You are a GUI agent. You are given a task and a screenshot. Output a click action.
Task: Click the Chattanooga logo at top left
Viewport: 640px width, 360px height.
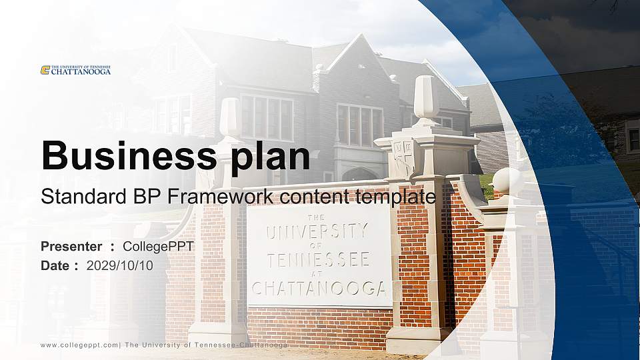[75, 70]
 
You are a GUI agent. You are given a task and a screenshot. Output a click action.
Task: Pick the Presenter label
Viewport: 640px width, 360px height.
[71, 247]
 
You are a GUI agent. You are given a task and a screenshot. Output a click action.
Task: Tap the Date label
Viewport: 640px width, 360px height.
[55, 265]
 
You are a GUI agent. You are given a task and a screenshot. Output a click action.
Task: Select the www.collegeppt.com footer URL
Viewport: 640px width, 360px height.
[80, 345]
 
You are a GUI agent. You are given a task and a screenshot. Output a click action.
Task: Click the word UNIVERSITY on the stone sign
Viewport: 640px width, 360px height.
[317, 232]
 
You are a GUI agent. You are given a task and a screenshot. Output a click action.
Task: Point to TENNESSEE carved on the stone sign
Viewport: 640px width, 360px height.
[318, 259]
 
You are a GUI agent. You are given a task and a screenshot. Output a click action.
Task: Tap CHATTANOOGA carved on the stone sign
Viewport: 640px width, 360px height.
[319, 288]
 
